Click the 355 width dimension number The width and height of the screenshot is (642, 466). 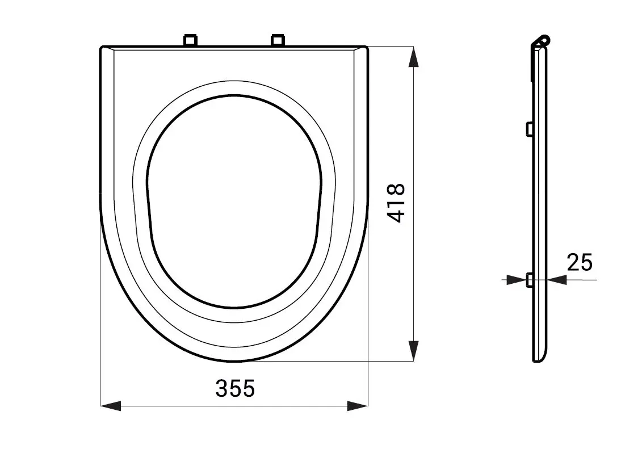pos(235,388)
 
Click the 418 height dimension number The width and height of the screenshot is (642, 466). pos(396,203)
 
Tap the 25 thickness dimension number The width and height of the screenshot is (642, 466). pos(580,262)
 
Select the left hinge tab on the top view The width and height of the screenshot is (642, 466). pos(190,40)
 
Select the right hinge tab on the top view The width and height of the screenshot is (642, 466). pos(278,40)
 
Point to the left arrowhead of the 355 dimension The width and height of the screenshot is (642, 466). pos(111,406)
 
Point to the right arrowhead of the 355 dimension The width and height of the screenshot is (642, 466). pos(358,406)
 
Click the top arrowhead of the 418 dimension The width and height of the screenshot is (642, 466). pos(414,57)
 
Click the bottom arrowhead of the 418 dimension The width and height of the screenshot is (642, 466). pos(414,351)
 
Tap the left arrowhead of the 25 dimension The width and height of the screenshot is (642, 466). pos(517,280)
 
